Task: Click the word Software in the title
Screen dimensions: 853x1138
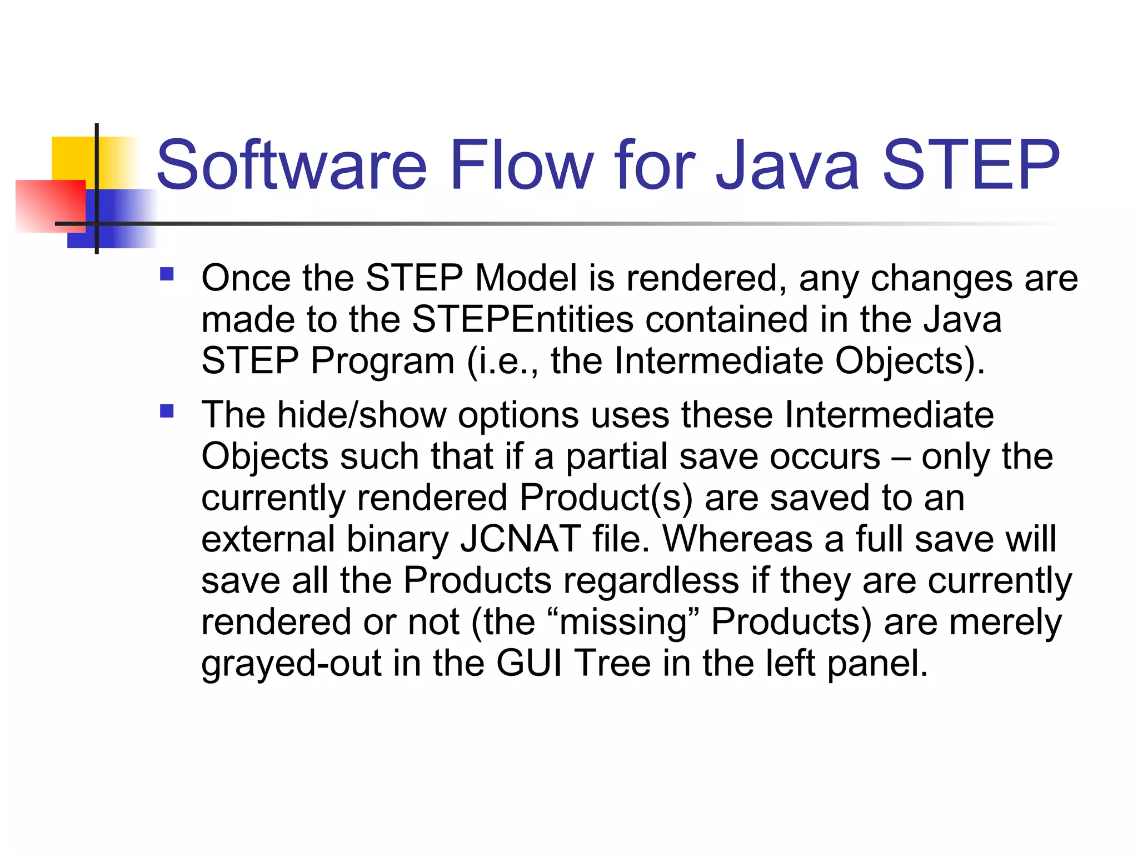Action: (x=291, y=165)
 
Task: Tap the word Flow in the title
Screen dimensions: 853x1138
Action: (x=521, y=165)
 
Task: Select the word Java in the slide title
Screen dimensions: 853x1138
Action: (x=787, y=165)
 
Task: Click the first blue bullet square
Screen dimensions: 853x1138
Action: (x=167, y=274)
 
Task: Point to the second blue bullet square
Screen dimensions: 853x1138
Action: (x=167, y=412)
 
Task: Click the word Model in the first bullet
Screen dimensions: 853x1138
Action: (x=526, y=278)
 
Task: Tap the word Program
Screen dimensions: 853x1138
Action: (x=383, y=361)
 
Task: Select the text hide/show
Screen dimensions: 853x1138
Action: (x=362, y=415)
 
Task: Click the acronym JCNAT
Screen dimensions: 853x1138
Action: (x=521, y=539)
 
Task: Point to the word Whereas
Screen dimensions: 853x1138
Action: (x=737, y=539)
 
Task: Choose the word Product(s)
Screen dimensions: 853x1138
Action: (x=606, y=498)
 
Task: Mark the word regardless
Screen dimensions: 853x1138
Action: (x=651, y=580)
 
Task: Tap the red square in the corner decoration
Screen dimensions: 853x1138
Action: (x=50, y=205)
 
